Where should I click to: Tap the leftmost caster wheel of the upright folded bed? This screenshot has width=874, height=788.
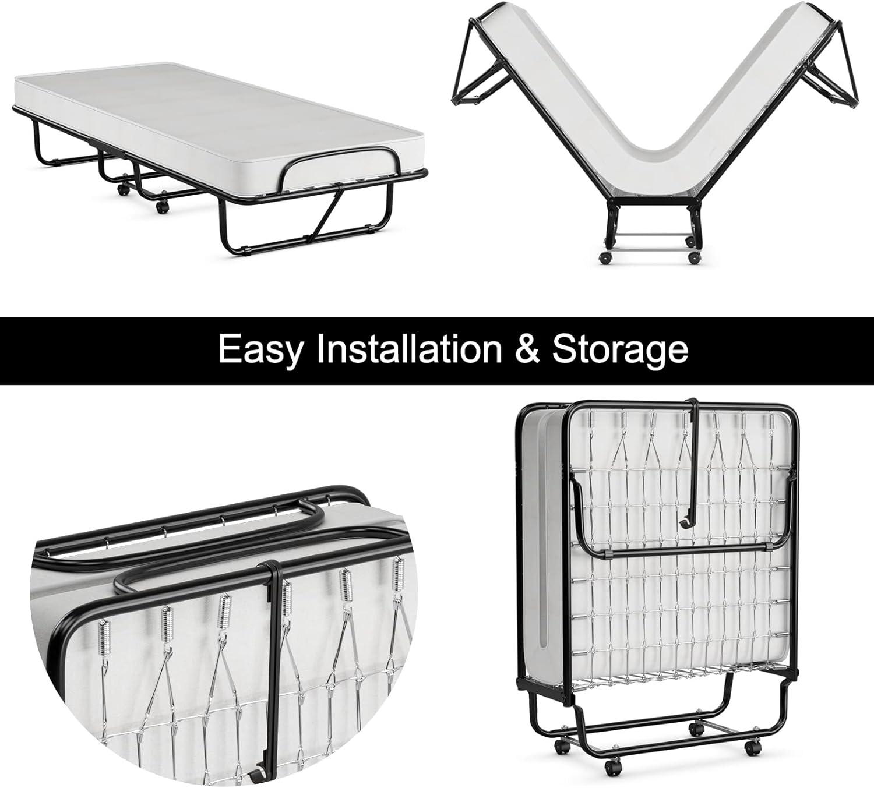coord(563,745)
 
